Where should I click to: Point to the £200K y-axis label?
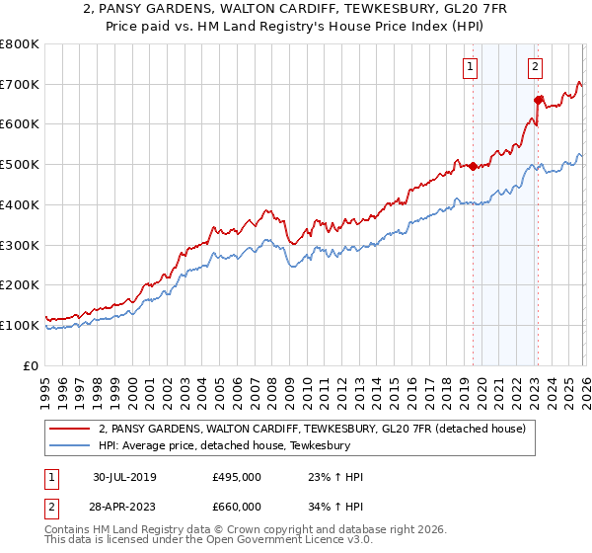coord(19,284)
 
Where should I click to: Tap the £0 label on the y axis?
coord(32,365)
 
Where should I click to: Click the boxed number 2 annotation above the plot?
coord(535,67)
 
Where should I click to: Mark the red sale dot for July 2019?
coord(473,166)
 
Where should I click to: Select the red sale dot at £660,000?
coord(538,100)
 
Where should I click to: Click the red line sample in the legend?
coord(72,429)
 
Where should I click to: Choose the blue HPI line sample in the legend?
coord(72,445)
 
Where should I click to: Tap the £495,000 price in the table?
coord(237,477)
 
